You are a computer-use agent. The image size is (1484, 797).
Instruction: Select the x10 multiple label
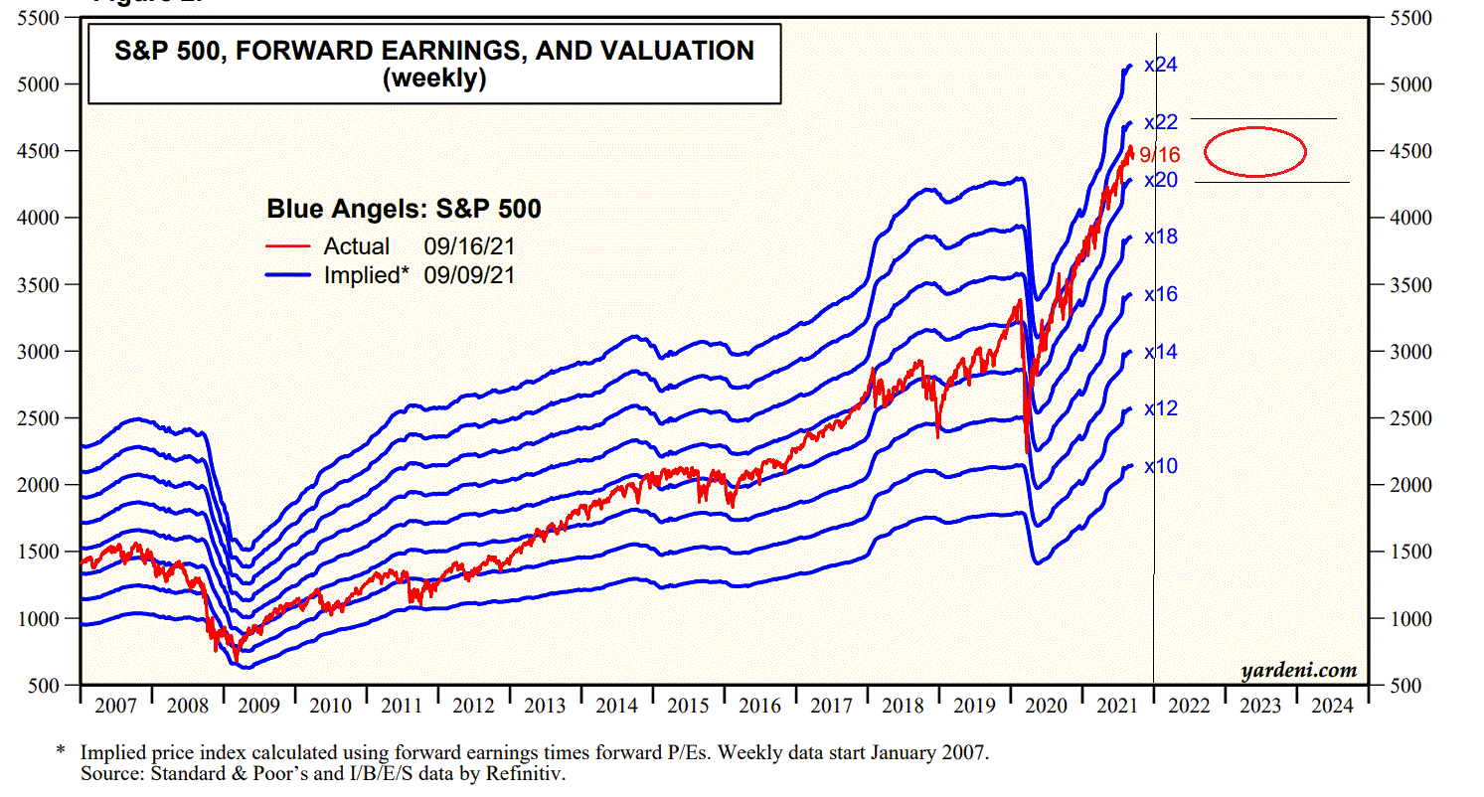(x=1161, y=466)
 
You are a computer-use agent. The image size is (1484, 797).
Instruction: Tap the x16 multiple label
(x=1161, y=294)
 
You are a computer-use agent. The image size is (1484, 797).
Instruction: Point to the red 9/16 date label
(x=1160, y=155)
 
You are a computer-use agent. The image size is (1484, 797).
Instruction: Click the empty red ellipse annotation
(x=1254, y=152)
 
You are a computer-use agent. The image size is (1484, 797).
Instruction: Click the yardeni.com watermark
(x=1299, y=671)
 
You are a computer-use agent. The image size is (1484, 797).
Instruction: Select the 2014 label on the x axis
(x=616, y=706)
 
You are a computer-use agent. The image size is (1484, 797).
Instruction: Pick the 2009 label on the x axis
(x=258, y=706)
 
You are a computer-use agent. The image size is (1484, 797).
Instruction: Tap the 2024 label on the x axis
(x=1332, y=706)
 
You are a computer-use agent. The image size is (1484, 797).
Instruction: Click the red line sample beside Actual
(x=290, y=246)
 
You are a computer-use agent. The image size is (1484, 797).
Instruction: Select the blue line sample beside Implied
(x=290, y=275)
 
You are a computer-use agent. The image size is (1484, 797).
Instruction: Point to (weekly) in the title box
(x=434, y=80)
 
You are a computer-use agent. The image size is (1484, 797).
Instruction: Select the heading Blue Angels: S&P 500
(x=404, y=210)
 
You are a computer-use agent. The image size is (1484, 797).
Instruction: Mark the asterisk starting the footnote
(x=61, y=752)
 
